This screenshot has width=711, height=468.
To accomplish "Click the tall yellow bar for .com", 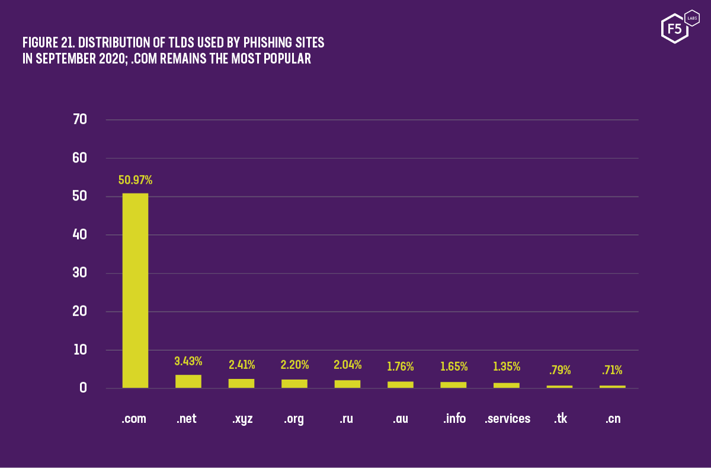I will click(x=135, y=291).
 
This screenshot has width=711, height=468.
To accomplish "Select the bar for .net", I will click(x=188, y=381).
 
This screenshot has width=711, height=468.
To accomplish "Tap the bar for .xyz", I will click(x=241, y=383).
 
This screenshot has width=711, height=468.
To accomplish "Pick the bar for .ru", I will click(x=347, y=384).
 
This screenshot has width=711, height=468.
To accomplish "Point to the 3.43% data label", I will click(x=188, y=361).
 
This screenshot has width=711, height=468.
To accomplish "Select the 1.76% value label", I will click(x=401, y=367).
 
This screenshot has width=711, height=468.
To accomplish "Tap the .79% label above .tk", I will click(x=560, y=371).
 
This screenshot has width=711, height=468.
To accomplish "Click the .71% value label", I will click(x=613, y=371).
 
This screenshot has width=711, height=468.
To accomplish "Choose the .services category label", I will click(x=507, y=419).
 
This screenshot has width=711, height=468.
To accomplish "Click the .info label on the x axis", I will click(x=454, y=419).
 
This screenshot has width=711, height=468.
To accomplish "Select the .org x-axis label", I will click(x=294, y=419).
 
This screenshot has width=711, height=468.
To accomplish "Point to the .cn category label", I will click(x=613, y=419).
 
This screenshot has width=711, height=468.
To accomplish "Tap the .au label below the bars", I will click(x=401, y=419).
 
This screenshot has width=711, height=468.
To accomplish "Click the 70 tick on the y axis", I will click(x=79, y=120).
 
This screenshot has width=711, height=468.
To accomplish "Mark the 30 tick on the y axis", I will click(x=79, y=273).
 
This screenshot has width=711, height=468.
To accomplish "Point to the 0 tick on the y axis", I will click(x=82, y=389).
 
